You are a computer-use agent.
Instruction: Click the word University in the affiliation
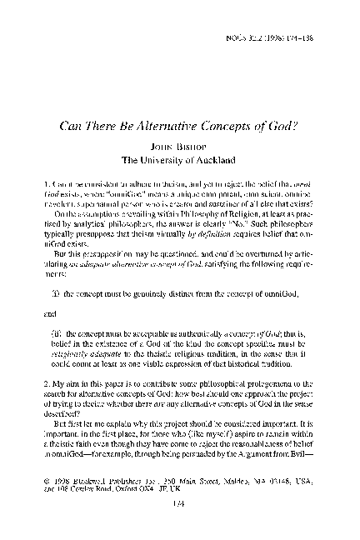163,158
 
